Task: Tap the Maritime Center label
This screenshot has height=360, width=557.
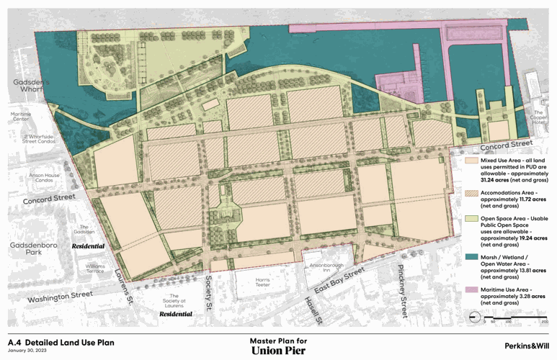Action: (x=21, y=117)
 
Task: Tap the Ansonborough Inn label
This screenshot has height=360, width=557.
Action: (x=321, y=267)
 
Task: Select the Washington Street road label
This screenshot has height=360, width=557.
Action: (x=61, y=296)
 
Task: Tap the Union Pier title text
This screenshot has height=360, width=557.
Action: (x=278, y=351)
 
